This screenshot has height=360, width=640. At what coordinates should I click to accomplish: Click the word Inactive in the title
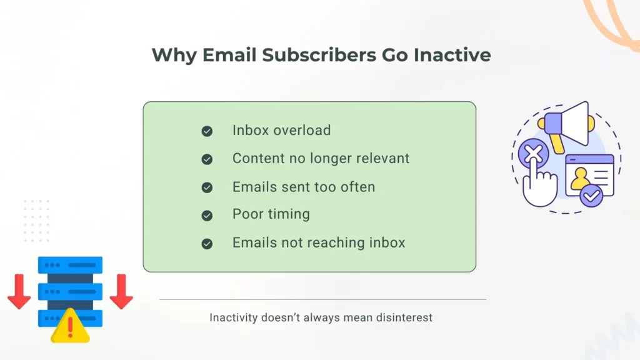tap(452, 55)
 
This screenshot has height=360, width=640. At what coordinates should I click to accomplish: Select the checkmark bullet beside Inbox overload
tap(207, 131)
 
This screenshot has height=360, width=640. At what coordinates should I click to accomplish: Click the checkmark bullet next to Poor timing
tap(207, 216)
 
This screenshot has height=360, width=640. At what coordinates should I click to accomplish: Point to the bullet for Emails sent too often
tap(207, 187)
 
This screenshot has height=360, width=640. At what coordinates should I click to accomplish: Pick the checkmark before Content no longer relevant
tap(207, 159)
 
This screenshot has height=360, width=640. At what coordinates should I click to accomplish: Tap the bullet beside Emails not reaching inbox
tap(207, 244)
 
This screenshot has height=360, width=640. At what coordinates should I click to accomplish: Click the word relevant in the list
tap(380, 159)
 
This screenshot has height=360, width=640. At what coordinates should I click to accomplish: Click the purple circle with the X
tap(533, 152)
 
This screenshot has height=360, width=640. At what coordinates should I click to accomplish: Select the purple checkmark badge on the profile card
tap(591, 196)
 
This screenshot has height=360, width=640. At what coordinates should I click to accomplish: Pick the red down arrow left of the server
tap(19, 294)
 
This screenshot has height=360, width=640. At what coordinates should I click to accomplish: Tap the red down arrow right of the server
tap(121, 294)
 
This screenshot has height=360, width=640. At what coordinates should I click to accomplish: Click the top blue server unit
tap(70, 264)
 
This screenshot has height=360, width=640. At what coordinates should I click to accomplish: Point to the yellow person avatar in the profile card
tap(580, 179)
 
